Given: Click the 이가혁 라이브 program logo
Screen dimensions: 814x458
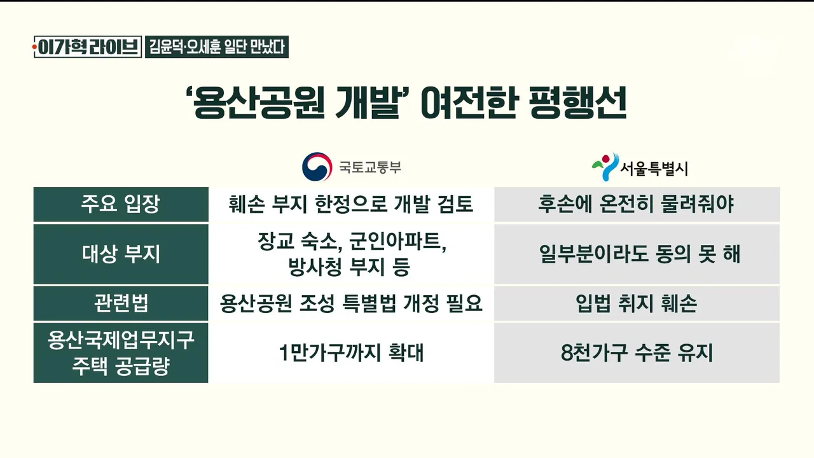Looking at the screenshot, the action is tap(87, 47).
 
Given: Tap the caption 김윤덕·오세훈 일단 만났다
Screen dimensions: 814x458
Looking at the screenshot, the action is tap(217, 47).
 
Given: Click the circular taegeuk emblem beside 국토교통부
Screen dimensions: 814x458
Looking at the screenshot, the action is tap(317, 167).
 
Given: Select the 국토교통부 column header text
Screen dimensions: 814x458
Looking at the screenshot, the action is tap(370, 167).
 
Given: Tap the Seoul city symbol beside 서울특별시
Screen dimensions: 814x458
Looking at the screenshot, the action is tap(605, 167).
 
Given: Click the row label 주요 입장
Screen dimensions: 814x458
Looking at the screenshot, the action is tap(120, 204).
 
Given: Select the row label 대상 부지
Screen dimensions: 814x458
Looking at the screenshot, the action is tap(121, 253).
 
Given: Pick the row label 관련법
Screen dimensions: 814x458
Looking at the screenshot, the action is tap(121, 303).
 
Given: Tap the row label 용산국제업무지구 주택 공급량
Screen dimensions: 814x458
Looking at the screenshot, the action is tap(121, 352).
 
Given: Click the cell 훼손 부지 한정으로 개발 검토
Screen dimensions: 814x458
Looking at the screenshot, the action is tap(350, 204).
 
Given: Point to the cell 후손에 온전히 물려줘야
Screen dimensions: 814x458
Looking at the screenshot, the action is tap(637, 204).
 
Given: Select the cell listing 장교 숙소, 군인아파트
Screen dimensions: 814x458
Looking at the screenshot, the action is tap(352, 254).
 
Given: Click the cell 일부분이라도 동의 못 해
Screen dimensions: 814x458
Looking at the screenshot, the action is tap(640, 254).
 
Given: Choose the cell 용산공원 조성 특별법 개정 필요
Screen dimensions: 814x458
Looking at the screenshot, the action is tap(351, 303).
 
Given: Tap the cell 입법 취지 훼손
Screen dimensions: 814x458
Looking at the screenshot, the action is tap(637, 303).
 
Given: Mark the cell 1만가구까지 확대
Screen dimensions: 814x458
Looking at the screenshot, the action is tap(352, 352).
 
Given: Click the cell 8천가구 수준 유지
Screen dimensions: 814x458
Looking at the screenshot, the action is tap(637, 352).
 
